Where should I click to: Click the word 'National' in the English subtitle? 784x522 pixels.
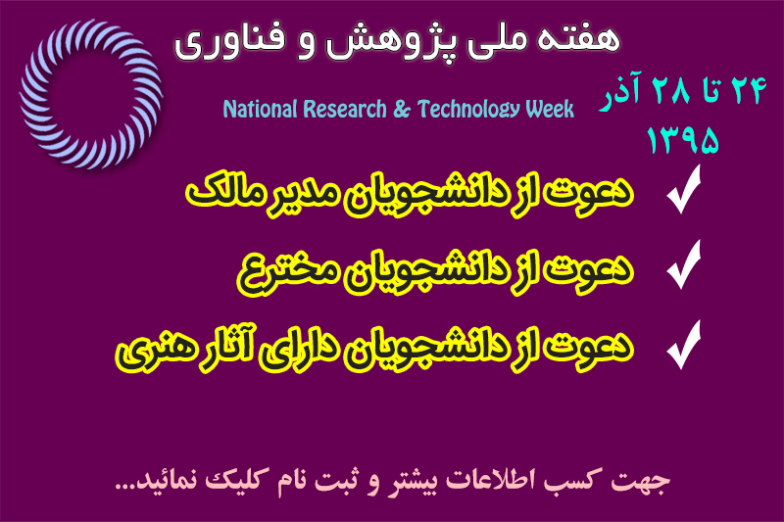coord(260,109)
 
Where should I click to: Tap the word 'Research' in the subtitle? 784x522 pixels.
coord(345,109)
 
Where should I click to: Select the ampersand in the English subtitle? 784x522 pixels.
coord(402,110)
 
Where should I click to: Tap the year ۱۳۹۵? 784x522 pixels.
coord(682,139)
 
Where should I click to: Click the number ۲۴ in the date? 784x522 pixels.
coord(749,90)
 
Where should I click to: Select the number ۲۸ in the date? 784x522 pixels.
coord(671,91)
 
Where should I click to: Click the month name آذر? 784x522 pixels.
coord(620,91)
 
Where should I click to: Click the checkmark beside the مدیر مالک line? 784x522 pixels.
coord(683,189)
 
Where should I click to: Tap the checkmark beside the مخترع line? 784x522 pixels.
coord(683,264)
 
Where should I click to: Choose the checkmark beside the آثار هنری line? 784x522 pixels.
coord(683,345)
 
